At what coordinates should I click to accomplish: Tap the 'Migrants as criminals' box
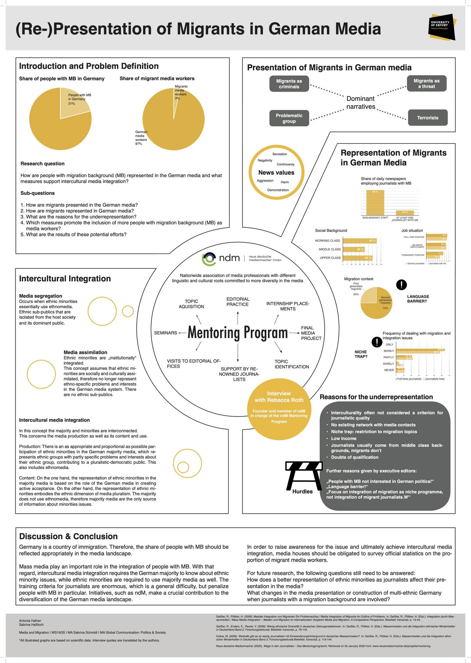[289, 84]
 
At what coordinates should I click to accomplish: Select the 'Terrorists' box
[427, 118]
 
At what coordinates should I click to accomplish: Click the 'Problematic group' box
[289, 118]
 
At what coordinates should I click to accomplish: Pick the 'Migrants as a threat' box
[427, 84]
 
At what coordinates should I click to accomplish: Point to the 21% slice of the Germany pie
[74, 103]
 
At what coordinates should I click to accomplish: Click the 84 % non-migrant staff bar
[375, 203]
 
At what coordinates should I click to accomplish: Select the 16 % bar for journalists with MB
[405, 213]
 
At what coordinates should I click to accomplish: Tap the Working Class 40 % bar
[359, 241]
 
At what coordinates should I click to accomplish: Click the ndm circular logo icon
[209, 258]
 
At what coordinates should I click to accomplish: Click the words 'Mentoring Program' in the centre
[238, 333]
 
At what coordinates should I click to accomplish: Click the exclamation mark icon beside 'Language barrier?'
[402, 285]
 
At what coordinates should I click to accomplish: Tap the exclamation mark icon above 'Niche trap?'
[377, 342]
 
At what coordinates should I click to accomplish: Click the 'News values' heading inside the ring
[276, 173]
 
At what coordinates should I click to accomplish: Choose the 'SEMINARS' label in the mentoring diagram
[165, 333]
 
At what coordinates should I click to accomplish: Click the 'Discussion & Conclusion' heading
[68, 536]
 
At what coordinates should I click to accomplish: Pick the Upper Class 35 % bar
[357, 258]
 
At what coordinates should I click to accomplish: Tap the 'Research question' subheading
[42, 164]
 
